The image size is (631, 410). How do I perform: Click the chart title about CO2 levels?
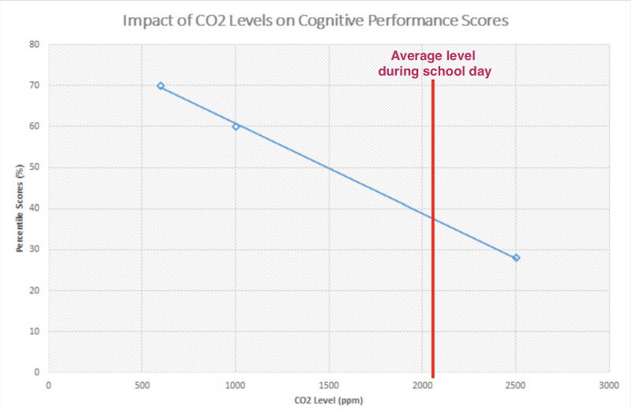click(x=315, y=20)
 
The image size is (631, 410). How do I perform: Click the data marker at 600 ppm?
click(x=161, y=86)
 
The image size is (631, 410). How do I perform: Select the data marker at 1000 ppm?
click(x=236, y=126)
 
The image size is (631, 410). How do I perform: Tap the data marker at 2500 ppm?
click(x=516, y=258)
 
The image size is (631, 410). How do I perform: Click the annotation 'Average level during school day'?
click(x=435, y=64)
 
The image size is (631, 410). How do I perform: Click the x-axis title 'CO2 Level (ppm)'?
click(x=329, y=400)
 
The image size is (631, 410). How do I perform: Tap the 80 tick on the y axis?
click(x=34, y=44)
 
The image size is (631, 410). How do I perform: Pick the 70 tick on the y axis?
click(x=34, y=85)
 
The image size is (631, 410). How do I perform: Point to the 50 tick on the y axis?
click(x=34, y=167)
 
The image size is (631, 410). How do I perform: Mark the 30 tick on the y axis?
click(x=34, y=249)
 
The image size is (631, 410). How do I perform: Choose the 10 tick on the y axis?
click(x=34, y=331)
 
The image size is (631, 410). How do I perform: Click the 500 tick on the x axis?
click(x=142, y=385)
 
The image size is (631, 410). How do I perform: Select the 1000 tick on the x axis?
click(x=236, y=385)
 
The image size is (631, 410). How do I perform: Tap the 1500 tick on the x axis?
click(x=329, y=385)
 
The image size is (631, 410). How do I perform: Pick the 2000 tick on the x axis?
click(x=423, y=385)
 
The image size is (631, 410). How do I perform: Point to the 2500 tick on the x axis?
click(x=516, y=385)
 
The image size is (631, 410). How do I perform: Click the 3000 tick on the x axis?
click(x=609, y=385)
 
